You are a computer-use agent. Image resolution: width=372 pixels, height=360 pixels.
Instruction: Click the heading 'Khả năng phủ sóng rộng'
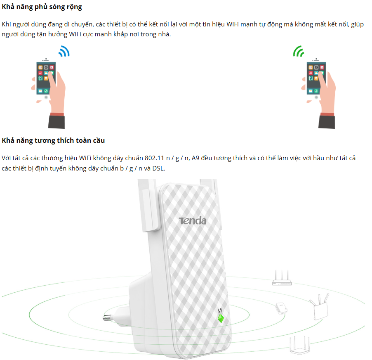coord(42,7)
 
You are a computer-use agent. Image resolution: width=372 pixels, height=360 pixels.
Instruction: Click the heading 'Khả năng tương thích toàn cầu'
coord(53,140)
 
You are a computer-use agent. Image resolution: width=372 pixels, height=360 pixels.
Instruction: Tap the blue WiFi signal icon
coord(64,51)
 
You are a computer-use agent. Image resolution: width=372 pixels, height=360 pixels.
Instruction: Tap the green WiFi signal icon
coord(299,51)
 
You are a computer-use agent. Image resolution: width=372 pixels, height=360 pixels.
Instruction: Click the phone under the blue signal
coord(46,78)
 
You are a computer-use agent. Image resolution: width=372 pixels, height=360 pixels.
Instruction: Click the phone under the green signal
coord(316,78)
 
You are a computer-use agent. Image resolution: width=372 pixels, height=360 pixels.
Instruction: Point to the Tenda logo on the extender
coord(193,220)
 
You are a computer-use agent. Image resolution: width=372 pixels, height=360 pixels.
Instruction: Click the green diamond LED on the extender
coord(221,318)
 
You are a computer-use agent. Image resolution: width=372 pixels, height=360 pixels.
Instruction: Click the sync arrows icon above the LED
coord(220,310)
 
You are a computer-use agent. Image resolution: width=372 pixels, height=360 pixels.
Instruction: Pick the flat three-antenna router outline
coord(282,278)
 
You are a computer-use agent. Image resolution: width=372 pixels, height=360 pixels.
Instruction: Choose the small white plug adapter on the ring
coord(281,308)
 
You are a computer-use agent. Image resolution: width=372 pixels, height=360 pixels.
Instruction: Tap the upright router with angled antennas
coord(320,307)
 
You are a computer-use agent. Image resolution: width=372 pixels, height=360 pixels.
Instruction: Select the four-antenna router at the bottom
coord(300,345)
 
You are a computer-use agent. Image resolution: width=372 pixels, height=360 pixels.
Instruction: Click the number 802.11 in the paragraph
coord(154,158)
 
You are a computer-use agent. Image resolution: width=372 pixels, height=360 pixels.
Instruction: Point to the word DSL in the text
coord(158,168)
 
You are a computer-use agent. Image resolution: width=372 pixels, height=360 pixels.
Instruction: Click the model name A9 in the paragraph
coord(195,158)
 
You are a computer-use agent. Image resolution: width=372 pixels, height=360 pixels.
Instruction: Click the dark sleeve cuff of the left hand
coord(57,122)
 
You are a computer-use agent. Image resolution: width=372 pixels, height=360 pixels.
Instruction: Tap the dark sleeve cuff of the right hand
coord(327,122)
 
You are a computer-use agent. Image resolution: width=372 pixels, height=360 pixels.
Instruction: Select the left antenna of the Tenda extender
coord(149,206)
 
